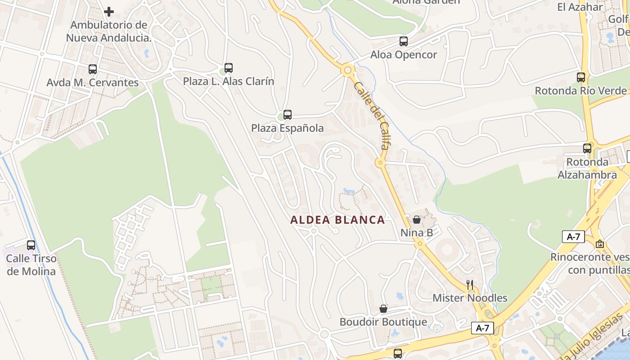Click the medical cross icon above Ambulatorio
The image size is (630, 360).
[109, 12]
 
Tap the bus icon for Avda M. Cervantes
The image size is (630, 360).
[93, 69]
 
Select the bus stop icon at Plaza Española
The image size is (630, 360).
[288, 115]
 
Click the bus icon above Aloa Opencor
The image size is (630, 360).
[404, 41]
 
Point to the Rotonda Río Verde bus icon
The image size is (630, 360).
[581, 77]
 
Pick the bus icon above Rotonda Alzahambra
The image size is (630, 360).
[587, 148]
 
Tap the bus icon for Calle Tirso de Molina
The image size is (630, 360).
[31, 245]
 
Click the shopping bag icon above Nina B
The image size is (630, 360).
[417, 220]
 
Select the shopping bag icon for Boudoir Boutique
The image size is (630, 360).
[383, 309]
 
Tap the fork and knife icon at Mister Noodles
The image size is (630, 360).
[470, 284]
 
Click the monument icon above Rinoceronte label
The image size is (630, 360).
[599, 244]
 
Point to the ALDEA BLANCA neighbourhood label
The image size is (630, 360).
[337, 220]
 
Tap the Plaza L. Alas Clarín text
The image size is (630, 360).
[228, 81]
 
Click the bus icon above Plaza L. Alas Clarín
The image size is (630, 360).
[229, 68]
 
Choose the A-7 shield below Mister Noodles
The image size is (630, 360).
[482, 328]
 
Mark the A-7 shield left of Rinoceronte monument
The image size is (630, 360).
[573, 236]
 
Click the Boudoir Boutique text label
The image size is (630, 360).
[383, 322]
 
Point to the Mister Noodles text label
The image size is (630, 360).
[470, 298]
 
